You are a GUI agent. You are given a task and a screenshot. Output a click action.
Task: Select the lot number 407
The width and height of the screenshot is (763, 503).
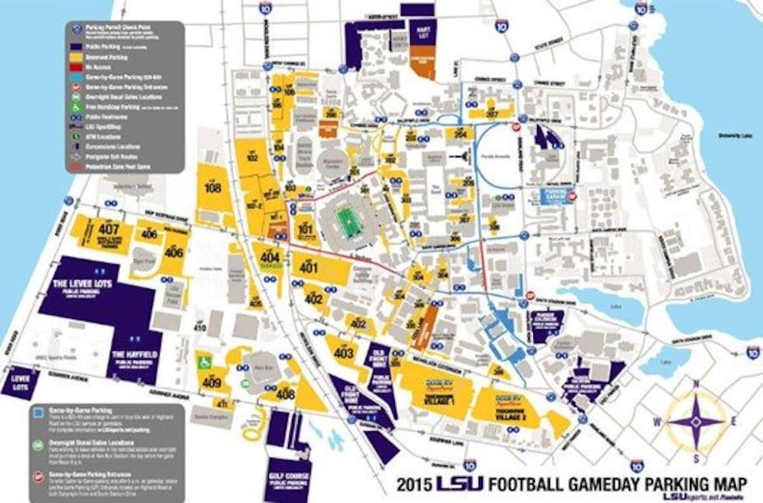(108, 230)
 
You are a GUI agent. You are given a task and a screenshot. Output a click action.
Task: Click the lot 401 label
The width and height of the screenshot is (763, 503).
(309, 268)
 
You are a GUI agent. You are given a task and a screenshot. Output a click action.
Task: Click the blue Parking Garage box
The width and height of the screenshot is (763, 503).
(556, 196)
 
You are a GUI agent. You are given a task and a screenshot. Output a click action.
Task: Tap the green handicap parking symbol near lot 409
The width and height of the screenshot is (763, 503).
(206, 362)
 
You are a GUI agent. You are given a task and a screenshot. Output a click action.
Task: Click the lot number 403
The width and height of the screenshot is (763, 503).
(343, 353)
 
